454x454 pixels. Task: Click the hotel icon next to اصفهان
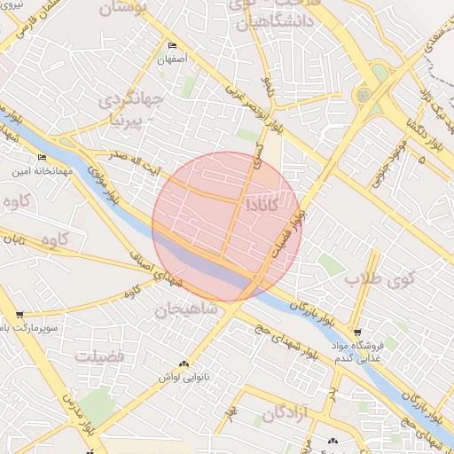(171, 46)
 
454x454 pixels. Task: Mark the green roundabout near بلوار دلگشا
(363, 94)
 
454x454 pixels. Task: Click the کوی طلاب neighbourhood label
(367, 280)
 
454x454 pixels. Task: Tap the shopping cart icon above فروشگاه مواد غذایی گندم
(357, 332)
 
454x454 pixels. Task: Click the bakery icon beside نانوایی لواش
(184, 364)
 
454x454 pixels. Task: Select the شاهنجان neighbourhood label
(185, 310)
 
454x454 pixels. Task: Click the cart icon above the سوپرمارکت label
(20, 315)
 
